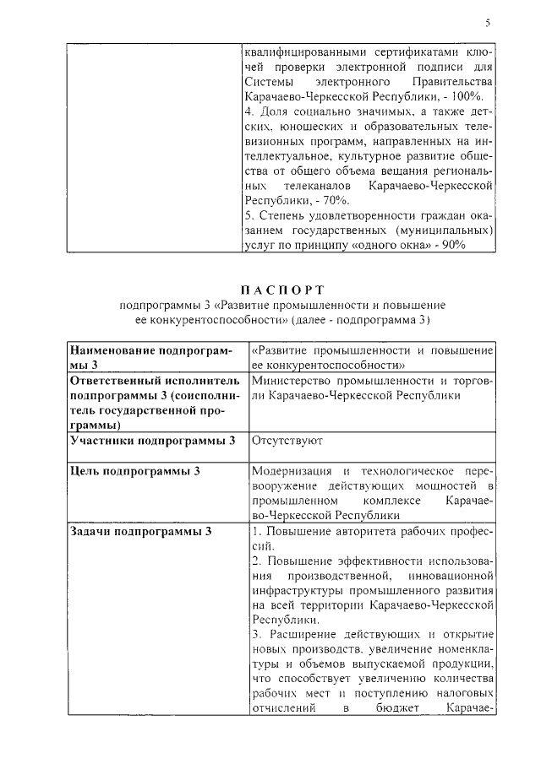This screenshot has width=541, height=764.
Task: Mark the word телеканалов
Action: pyautogui.click(x=320, y=185)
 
